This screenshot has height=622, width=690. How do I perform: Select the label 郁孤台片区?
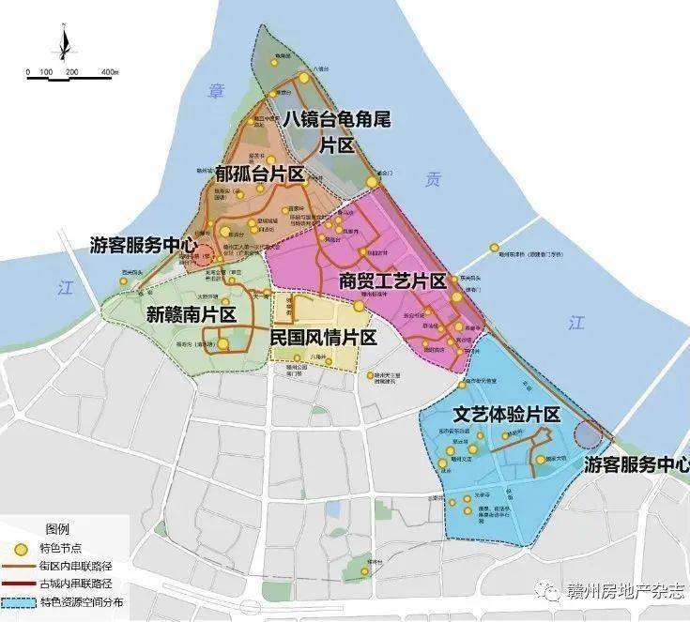(260, 174)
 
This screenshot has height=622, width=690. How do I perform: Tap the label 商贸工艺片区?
(391, 281)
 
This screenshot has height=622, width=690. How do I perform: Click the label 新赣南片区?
(191, 314)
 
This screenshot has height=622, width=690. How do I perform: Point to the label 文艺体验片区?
(506, 414)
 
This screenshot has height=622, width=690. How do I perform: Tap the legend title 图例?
(57, 530)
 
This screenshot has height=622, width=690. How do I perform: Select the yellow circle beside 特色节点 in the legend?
(20, 549)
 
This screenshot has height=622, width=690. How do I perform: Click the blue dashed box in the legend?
(20, 601)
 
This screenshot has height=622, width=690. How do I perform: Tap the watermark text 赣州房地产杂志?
(626, 591)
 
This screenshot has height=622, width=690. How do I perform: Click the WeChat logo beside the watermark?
(547, 591)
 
